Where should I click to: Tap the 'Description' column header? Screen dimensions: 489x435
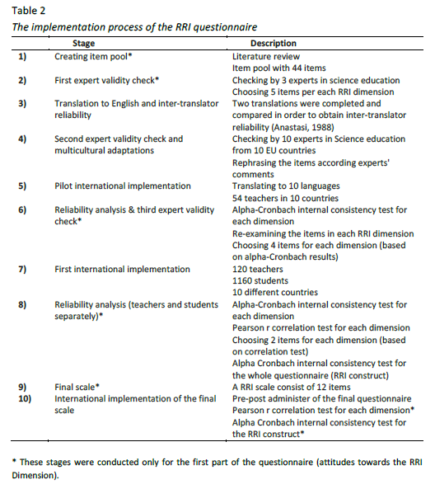pyautogui.click(x=273, y=43)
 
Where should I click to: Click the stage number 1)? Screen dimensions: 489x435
pyautogui.click(x=22, y=56)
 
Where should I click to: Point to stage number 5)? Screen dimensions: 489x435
pyautogui.click(x=22, y=186)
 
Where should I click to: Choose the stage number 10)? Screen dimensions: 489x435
pyautogui.click(x=25, y=398)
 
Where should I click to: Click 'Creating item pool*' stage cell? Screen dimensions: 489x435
pyautogui.click(x=94, y=56)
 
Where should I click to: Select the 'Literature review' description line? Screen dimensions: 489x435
pyautogui.click(x=268, y=56)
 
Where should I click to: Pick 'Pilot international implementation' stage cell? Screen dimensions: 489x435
pyautogui.click(x=123, y=186)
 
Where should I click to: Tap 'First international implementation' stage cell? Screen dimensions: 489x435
pyautogui.click(x=122, y=269)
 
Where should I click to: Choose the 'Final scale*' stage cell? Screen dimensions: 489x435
pyautogui.click(x=77, y=387)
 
